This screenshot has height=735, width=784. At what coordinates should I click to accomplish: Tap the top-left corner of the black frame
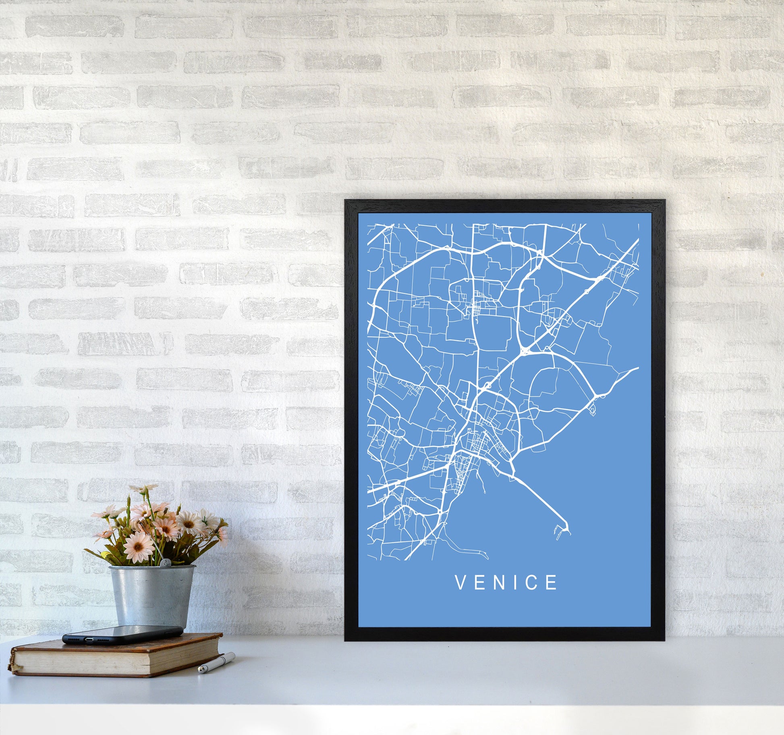(346, 201)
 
